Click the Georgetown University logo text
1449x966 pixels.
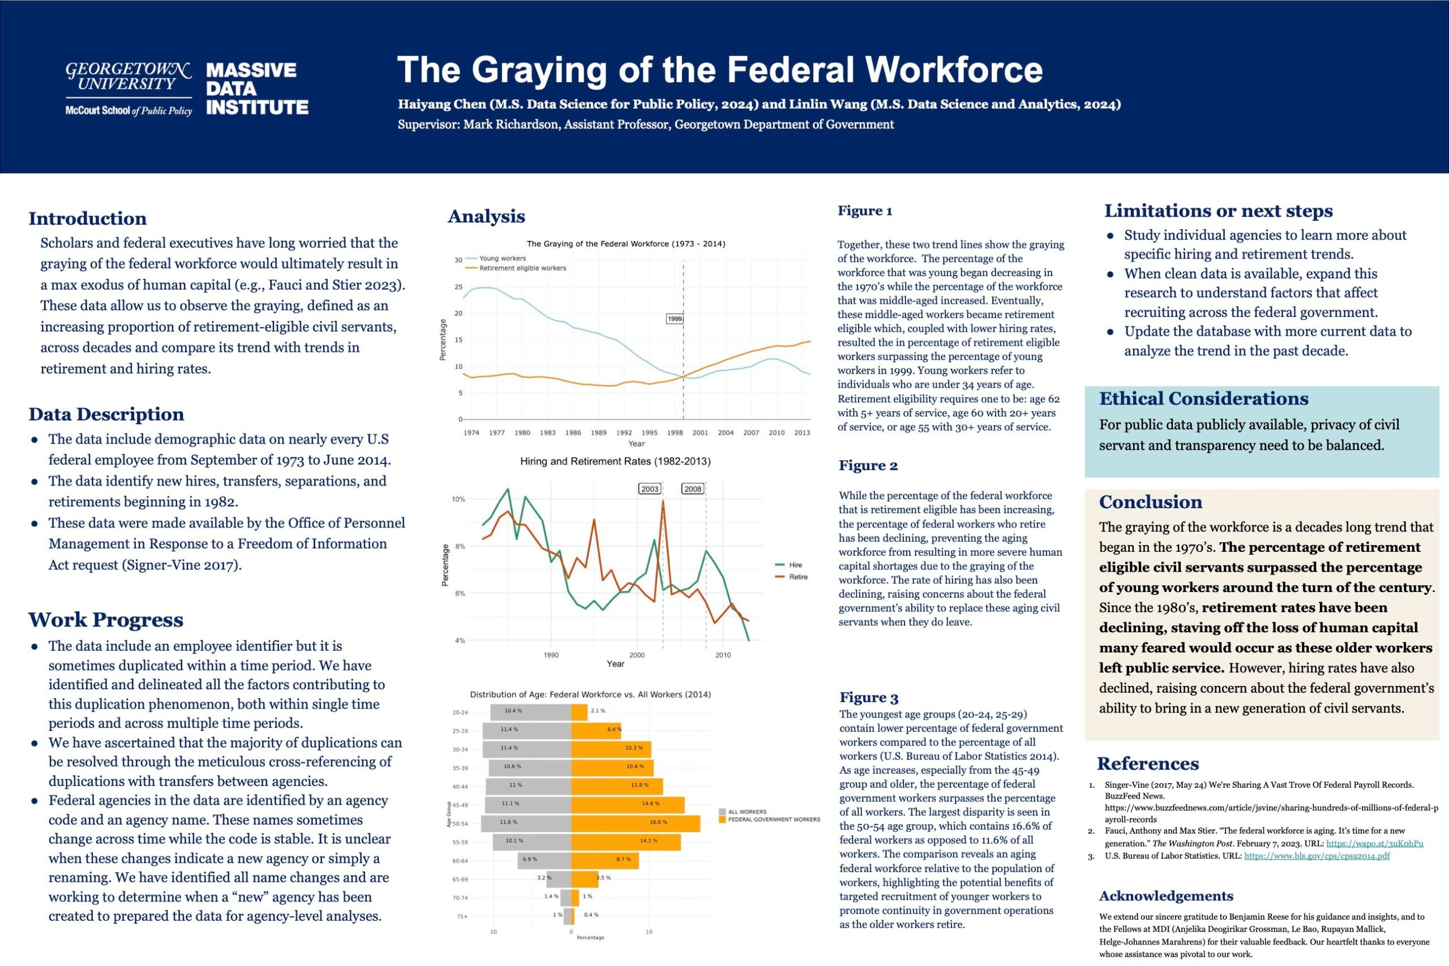128,78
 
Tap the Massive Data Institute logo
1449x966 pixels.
257,89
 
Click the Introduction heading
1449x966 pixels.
88,218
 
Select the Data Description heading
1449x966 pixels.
106,414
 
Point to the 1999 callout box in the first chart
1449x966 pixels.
675,319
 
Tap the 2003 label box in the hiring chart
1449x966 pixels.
650,488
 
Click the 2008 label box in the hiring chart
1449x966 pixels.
692,488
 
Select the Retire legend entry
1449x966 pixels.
798,577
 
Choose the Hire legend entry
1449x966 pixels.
795,564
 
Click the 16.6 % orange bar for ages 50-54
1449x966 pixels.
635,822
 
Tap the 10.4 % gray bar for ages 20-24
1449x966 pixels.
530,711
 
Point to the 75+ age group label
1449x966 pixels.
461,916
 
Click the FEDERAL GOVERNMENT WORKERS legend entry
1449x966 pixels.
774,819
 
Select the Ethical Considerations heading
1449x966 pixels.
1203,398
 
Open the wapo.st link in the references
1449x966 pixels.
1374,843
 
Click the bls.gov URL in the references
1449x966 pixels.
1317,856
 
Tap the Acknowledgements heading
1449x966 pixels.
1165,896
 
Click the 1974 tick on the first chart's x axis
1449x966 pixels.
471,432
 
